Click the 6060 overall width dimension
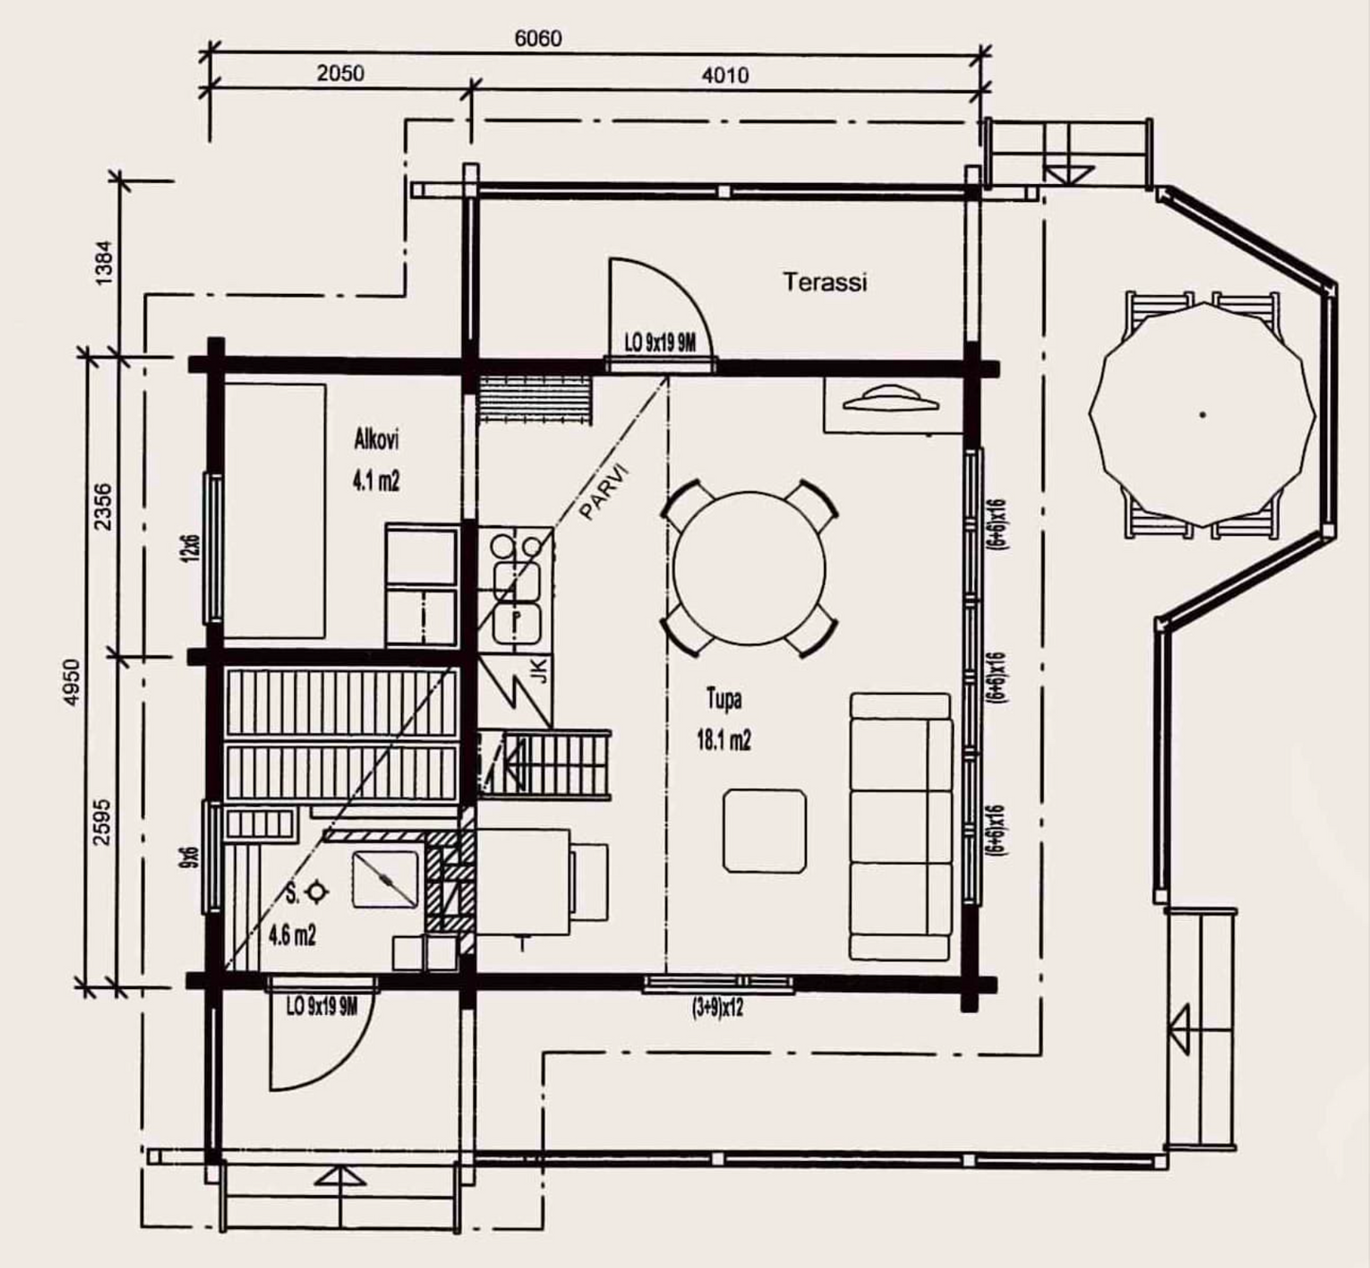[539, 38]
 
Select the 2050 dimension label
[340, 73]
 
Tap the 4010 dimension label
[725, 75]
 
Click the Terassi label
[825, 282]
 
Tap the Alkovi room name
[376, 440]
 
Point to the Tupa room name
[724, 699]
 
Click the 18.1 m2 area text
[723, 740]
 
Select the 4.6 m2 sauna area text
[292, 936]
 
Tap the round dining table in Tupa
[749, 567]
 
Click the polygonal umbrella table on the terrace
[1202, 414]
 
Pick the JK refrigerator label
[541, 671]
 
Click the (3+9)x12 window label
[718, 1008]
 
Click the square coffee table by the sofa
[764, 831]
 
